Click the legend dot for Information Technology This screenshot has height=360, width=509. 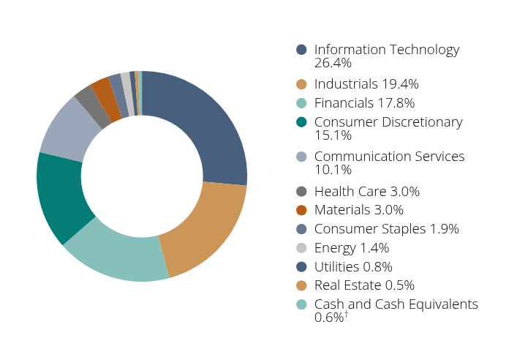point(301,50)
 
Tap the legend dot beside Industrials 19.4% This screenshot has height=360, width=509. point(301,84)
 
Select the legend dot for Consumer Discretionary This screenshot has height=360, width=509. point(301,121)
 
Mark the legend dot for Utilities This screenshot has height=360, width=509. point(301,266)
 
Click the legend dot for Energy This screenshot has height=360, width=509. point(301,248)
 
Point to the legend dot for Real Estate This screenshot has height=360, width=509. point(301,285)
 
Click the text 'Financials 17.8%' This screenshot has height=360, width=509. point(364,103)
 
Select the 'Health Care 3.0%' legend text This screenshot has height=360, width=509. point(366,192)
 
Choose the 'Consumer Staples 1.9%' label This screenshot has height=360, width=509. point(386,229)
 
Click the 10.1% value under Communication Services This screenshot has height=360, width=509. point(333,170)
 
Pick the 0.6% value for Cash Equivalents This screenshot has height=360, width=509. point(329,318)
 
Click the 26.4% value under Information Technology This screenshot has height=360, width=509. point(333,63)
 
